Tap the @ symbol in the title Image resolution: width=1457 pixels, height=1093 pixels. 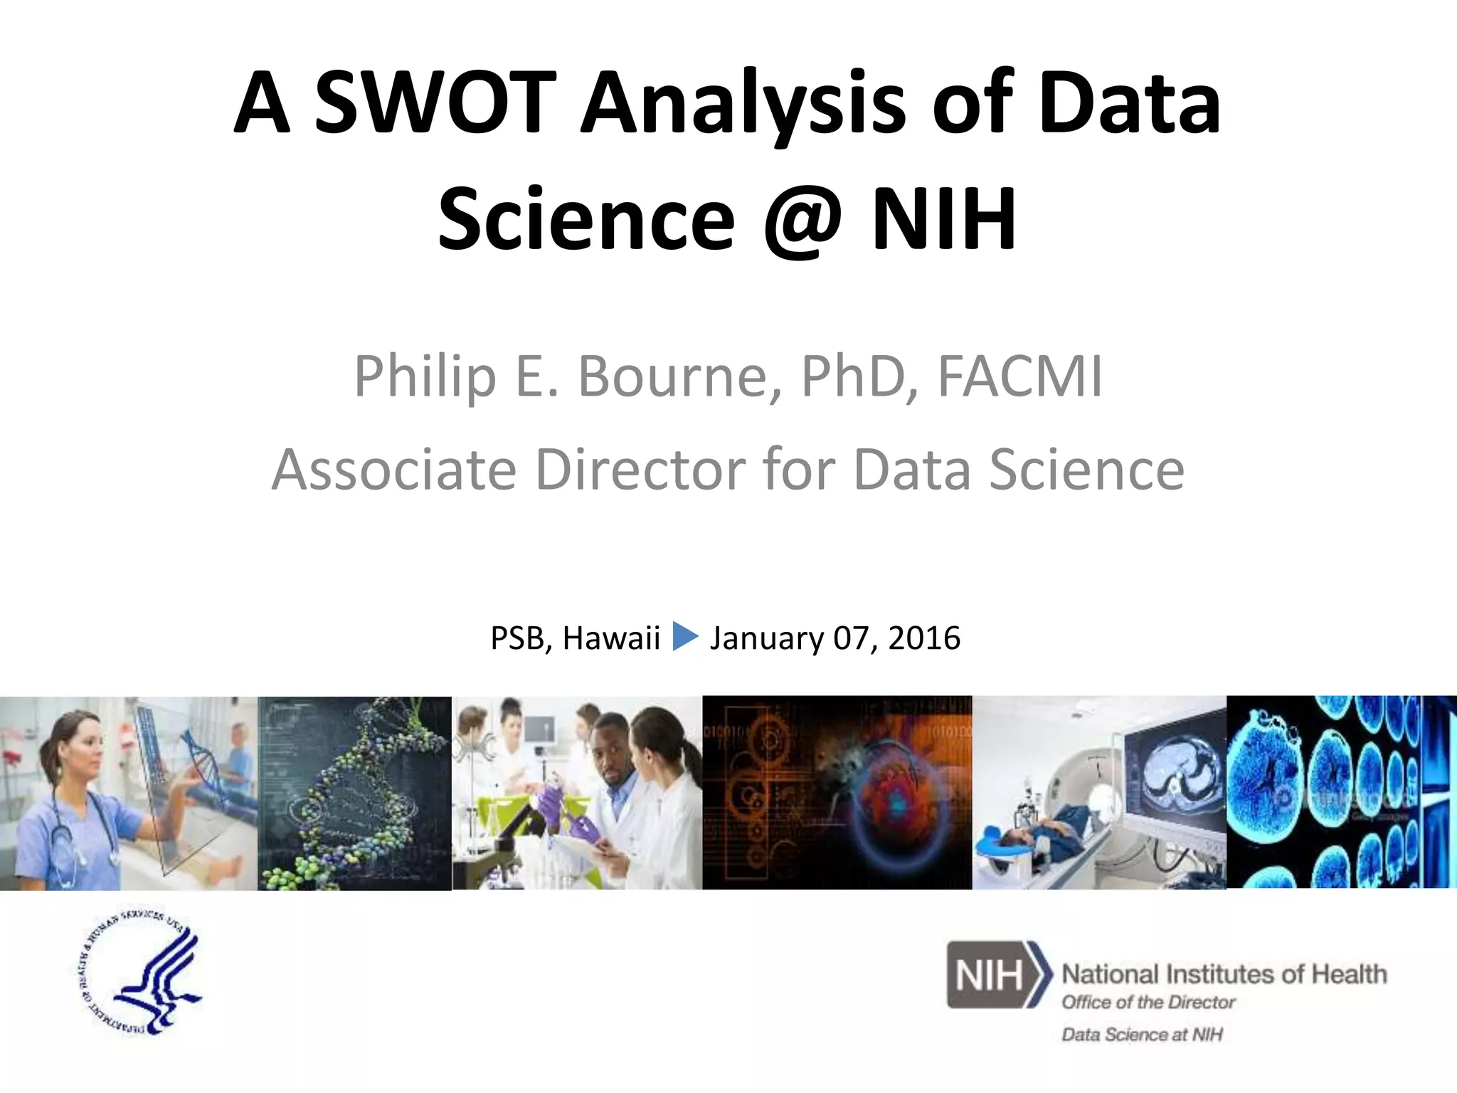tap(802, 218)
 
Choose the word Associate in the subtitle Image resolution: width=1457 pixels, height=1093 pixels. tap(393, 470)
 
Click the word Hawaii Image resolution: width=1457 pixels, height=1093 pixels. tap(611, 638)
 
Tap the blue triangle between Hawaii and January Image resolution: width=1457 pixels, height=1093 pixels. tap(685, 636)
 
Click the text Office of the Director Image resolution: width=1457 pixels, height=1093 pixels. tap(1148, 1003)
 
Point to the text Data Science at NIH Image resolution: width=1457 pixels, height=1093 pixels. tap(1142, 1034)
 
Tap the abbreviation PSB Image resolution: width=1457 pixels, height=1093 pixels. tap(516, 638)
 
